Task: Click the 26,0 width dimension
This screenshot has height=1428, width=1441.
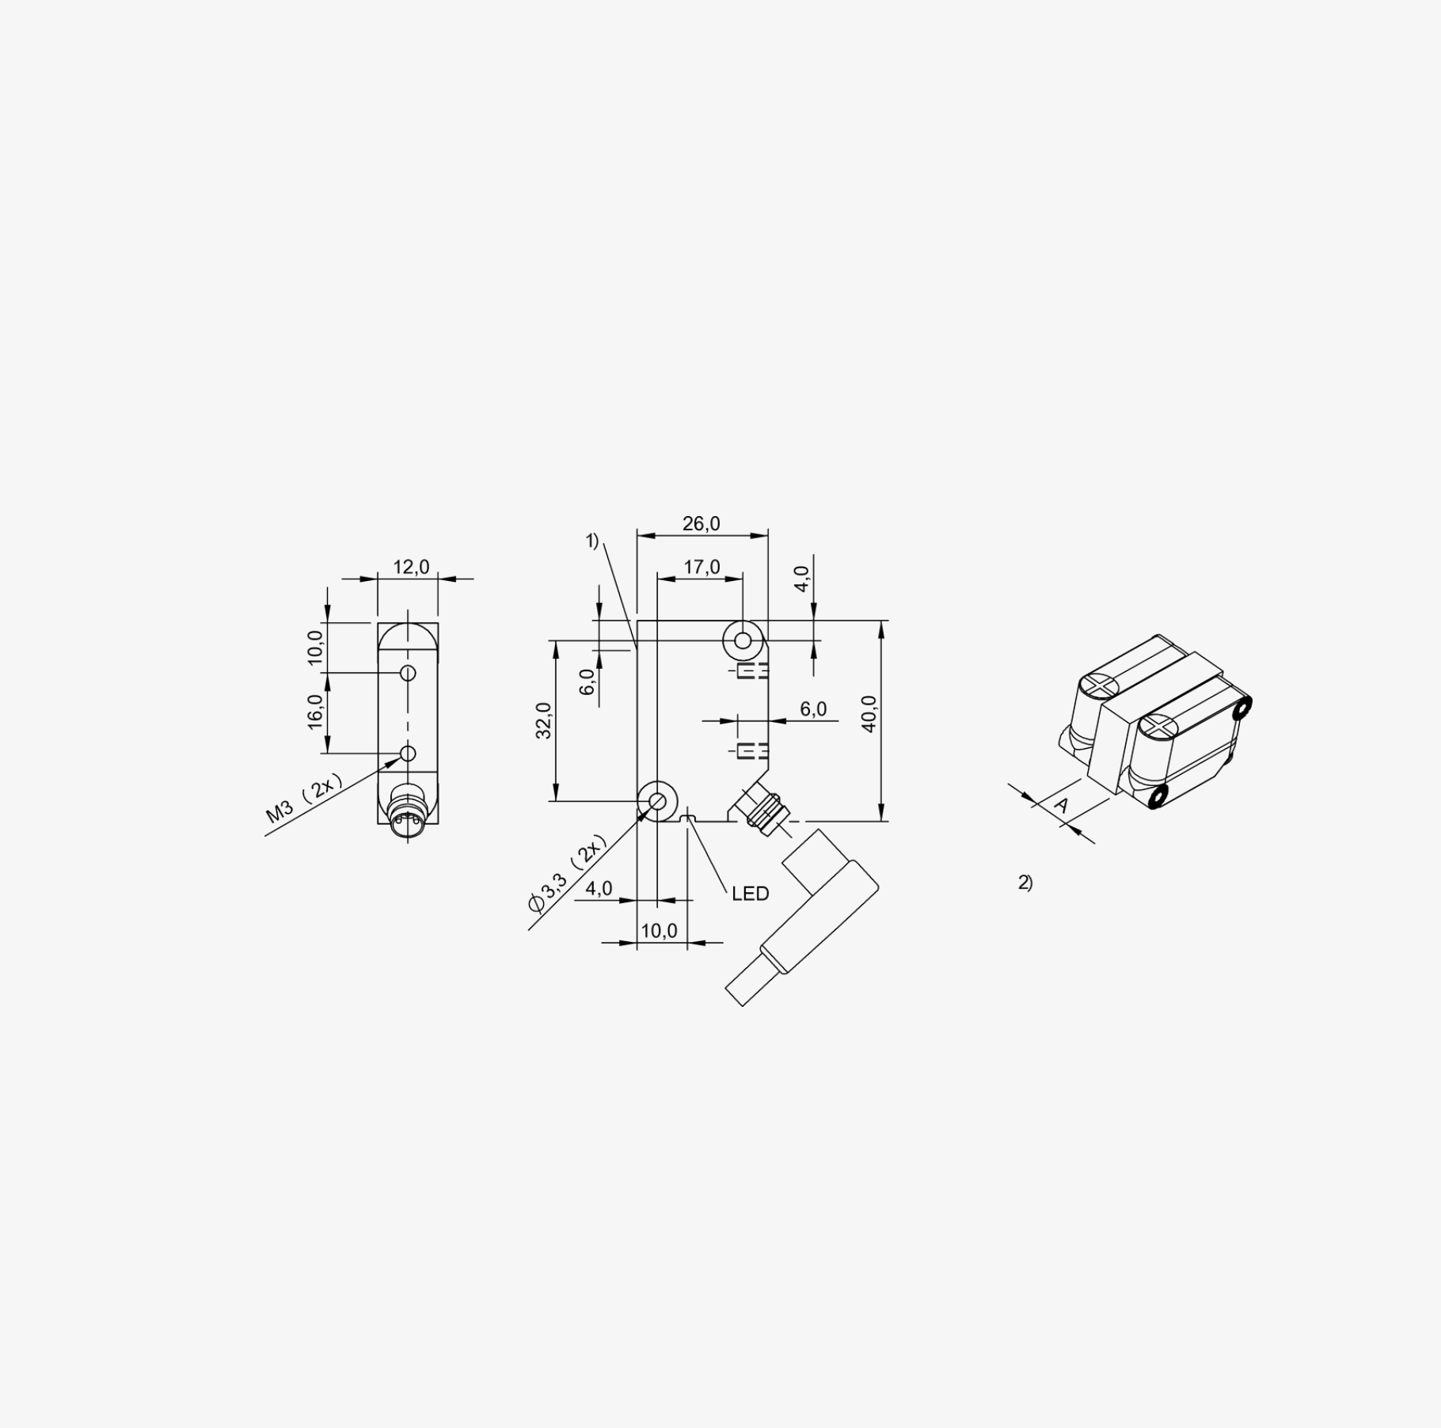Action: point(701,524)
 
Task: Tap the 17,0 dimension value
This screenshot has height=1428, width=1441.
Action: point(701,567)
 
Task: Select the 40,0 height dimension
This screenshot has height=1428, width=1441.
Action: point(869,714)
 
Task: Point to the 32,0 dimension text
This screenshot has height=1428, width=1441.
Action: point(544,720)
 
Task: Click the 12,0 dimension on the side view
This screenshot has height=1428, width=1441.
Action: point(411,567)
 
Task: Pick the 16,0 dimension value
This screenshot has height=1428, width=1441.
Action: point(316,712)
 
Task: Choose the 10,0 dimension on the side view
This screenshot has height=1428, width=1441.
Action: point(316,648)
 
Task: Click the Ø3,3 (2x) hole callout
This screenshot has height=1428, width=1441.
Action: point(568,873)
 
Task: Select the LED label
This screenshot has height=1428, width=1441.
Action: point(751,894)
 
